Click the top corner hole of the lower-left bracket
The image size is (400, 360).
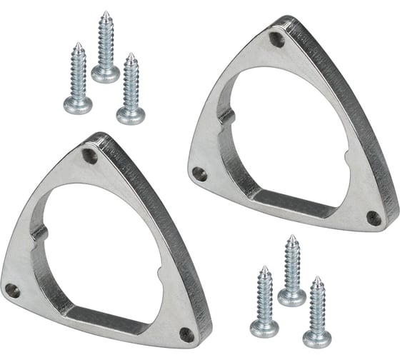[x=90, y=154]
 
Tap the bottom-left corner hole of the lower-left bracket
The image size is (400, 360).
[x=12, y=290]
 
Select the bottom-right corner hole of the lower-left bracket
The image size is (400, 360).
[x=186, y=334]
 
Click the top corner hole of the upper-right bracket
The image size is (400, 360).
[x=277, y=39]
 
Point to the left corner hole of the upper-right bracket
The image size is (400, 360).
[x=200, y=173]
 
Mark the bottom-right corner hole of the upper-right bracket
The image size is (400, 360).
[x=374, y=218]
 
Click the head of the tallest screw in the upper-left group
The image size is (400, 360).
[x=106, y=73]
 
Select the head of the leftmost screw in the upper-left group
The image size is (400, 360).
[x=77, y=105]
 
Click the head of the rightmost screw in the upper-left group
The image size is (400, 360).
[x=131, y=115]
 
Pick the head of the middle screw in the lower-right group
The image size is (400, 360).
[x=292, y=296]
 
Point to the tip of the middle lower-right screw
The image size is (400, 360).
[x=291, y=237]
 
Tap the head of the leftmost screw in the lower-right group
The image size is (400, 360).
[x=264, y=328]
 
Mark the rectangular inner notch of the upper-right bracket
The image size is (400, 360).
[x=226, y=116]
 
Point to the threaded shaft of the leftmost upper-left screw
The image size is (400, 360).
[x=78, y=71]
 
